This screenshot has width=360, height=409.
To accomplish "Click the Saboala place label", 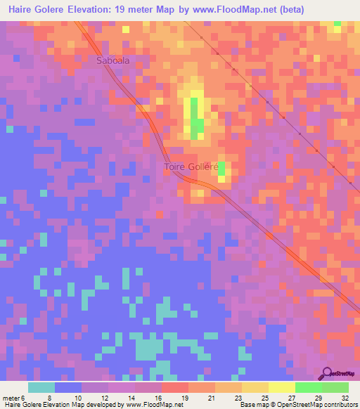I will (112, 61).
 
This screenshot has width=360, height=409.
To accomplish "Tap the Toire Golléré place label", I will (191, 167).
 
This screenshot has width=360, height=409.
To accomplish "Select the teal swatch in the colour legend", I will (41, 387).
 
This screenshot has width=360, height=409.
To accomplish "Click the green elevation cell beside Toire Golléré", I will (221, 168).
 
